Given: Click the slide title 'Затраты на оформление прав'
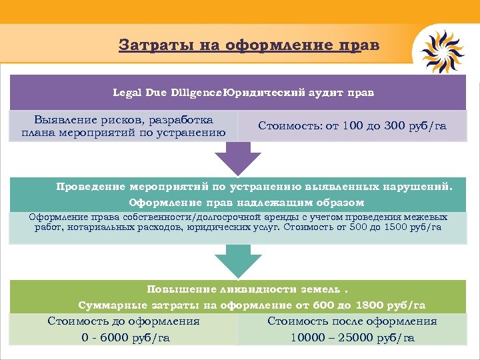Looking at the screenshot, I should pyautogui.click(x=249, y=45).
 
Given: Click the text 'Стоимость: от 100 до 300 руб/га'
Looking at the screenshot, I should pyautogui.click(x=352, y=125).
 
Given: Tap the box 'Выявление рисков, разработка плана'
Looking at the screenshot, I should pyautogui.click(x=124, y=126).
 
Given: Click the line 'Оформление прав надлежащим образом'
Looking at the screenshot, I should pyautogui.click(x=247, y=202).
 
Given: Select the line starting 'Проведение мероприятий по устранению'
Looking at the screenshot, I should pyautogui.click(x=254, y=187).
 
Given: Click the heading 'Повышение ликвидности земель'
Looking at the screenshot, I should pyautogui.click(x=247, y=289).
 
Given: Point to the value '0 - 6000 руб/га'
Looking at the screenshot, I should pyautogui.click(x=125, y=338).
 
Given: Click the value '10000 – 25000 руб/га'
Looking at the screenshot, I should pyautogui.click(x=353, y=338).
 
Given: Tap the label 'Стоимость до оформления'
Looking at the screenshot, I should pyautogui.click(x=124, y=321).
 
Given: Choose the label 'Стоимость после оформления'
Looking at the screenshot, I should pyautogui.click(x=352, y=321).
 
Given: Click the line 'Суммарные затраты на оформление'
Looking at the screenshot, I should pyautogui.click(x=251, y=305).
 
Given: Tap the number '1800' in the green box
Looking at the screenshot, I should pyautogui.click(x=371, y=305).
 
